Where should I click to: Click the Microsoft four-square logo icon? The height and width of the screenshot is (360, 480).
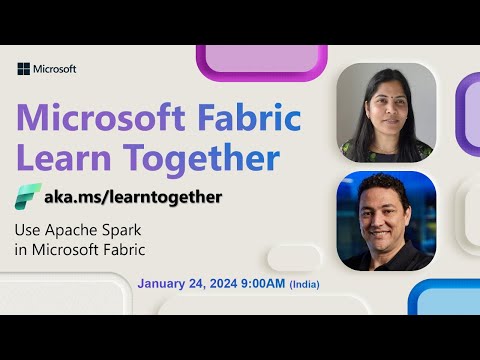[x=24, y=69]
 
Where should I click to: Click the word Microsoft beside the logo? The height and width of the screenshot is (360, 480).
[x=55, y=69]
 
